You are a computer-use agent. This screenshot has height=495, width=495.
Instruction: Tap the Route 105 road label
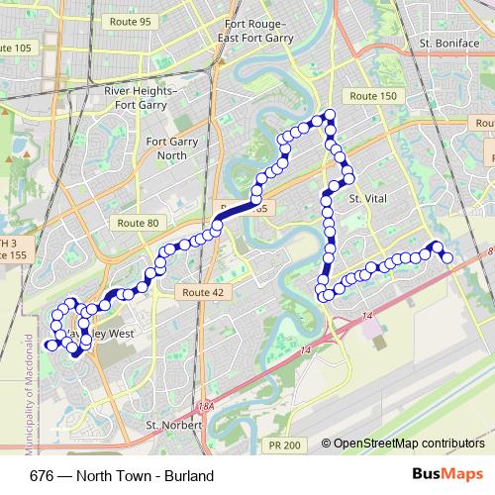tap(14, 48)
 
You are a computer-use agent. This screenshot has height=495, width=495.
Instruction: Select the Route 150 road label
tap(373, 95)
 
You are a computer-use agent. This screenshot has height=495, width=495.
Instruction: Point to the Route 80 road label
tap(135, 224)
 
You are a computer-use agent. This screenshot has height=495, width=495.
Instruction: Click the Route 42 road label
tap(203, 292)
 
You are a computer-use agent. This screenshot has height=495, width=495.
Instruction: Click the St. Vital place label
tap(367, 198)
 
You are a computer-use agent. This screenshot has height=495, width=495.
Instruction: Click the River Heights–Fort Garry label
tap(141, 97)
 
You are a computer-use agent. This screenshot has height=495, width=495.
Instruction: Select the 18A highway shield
tap(205, 406)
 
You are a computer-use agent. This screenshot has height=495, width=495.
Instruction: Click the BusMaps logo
tap(448, 475)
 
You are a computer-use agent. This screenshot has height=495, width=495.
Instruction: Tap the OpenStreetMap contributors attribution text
tap(408, 445)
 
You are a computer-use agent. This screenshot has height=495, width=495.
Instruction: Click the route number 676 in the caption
tap(42, 476)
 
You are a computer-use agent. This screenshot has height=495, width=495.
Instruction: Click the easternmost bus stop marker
tap(446, 257)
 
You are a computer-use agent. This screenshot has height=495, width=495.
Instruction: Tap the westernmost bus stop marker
tap(49, 345)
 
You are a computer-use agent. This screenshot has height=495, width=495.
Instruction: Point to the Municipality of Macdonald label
tap(29, 382)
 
